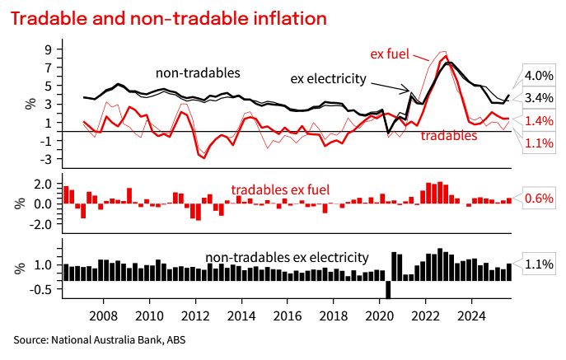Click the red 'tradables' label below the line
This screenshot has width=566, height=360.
click(x=449, y=135)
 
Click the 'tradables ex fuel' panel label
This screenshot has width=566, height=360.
click(x=280, y=189)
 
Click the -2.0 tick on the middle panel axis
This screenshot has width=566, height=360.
click(x=41, y=223)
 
